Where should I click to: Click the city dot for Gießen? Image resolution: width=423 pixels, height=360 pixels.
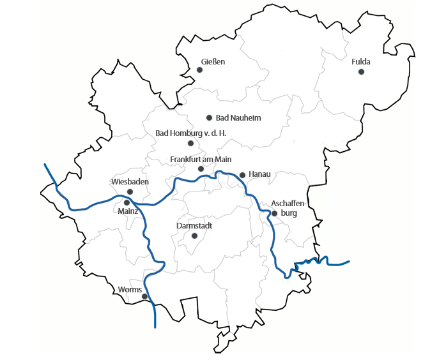tap(199, 70)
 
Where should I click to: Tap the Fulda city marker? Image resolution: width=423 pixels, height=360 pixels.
tap(361, 72)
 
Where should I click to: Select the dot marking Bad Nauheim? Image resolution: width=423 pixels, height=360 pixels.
tap(209, 117)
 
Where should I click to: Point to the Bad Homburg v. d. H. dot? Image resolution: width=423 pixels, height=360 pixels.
tap(190, 143)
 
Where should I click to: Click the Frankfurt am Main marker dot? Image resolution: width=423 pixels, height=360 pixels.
tap(201, 169)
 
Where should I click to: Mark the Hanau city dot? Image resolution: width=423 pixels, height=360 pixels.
tap(242, 174)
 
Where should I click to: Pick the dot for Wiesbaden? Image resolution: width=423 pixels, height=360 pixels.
tap(130, 191)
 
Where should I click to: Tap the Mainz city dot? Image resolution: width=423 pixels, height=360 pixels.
tap(127, 202)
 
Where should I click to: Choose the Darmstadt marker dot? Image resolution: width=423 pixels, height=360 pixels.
tap(194, 236)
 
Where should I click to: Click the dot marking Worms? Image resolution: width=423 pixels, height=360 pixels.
tap(144, 296)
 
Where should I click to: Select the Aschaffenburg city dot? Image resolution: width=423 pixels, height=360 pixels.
tap(274, 213)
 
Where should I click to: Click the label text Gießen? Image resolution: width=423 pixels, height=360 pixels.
tap(213, 61)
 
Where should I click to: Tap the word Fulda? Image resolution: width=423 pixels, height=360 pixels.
tap(361, 62)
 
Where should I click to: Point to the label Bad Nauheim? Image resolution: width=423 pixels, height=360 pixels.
tap(238, 118)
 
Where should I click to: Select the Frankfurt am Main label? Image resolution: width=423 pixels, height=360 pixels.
tap(201, 159)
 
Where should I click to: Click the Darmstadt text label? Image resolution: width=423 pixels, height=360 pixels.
tap(194, 226)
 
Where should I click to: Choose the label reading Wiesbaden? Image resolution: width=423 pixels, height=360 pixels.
tap(130, 182)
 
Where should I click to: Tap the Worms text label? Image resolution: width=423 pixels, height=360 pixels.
tap(130, 290)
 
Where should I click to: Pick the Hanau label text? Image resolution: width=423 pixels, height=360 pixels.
tap(260, 174)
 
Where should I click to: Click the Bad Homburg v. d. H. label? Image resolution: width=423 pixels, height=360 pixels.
tap(191, 133)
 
